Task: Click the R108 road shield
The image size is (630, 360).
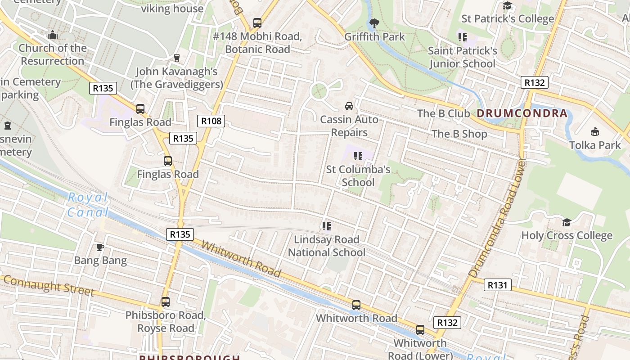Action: [211, 121]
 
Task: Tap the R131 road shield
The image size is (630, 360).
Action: [497, 285]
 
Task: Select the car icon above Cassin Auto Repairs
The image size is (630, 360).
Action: [349, 106]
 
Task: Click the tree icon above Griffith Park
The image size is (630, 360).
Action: [373, 23]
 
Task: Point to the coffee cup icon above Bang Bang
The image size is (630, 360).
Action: [100, 247]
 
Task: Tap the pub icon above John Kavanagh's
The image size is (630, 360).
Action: [177, 58]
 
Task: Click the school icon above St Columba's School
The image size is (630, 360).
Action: [358, 156]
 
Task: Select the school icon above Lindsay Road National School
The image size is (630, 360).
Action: [327, 226]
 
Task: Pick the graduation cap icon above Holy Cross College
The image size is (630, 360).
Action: [567, 222]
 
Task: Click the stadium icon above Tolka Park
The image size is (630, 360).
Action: [595, 131]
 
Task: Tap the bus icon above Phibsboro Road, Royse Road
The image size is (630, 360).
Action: [166, 302]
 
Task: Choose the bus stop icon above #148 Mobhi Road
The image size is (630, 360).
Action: [257, 22]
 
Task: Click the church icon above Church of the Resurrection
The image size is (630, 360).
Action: [53, 35]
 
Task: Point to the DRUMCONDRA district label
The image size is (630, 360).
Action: [522, 113]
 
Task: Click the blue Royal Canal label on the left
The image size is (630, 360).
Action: [88, 205]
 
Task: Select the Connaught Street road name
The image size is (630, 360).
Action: [49, 285]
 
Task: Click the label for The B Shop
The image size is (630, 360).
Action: [459, 134]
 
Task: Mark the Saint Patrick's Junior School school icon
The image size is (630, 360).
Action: [462, 37]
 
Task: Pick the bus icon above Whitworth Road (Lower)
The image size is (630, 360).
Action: [420, 330]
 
